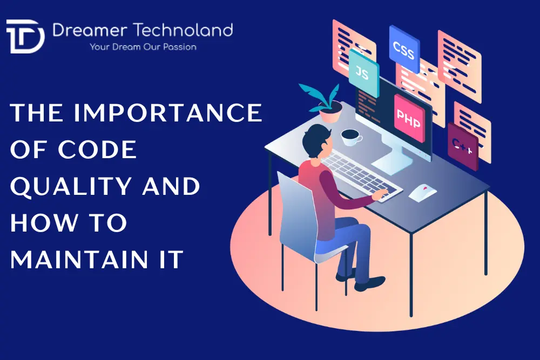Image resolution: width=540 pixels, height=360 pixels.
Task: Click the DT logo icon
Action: [25, 36]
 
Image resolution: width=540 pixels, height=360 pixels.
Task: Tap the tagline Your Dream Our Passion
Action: [143, 47]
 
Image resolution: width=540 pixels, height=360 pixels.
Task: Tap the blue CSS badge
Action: [404, 48]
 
